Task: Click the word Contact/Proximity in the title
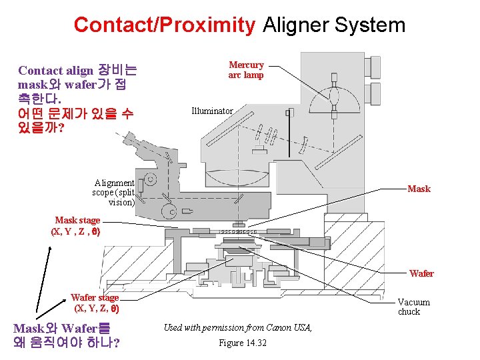coord(164,25)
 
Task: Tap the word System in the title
coord(370,25)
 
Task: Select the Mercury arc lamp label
coord(246,70)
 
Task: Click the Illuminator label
coord(212,111)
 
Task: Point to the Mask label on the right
coord(419,189)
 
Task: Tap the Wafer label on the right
coord(421,273)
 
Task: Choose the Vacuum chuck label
coord(413,307)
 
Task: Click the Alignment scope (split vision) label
coord(114,192)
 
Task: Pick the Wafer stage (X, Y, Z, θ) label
coord(95,303)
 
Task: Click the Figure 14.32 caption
coord(242,343)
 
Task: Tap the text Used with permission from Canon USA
coord(237,327)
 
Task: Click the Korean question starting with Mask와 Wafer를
coord(67,335)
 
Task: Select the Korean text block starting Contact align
coord(77,98)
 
